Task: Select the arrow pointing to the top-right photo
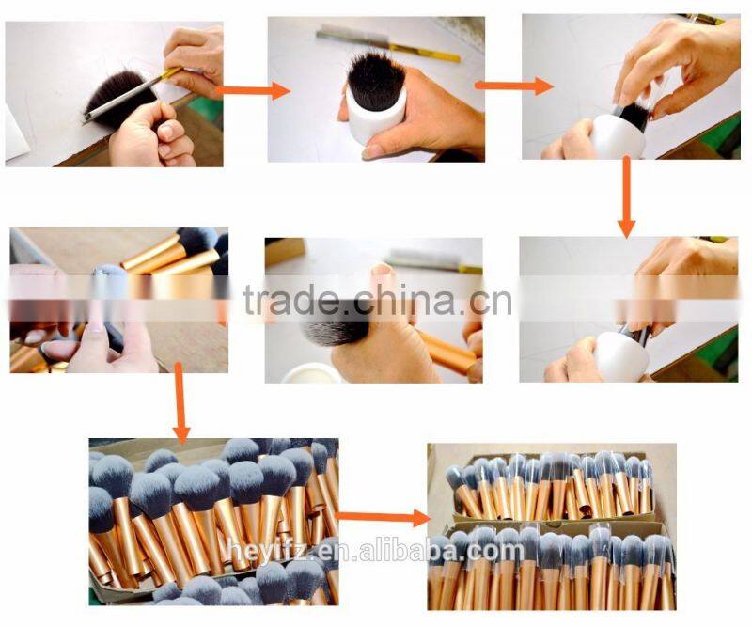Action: point(512,86)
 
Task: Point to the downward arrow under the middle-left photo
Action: point(180,405)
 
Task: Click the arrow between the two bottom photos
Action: point(381,516)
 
